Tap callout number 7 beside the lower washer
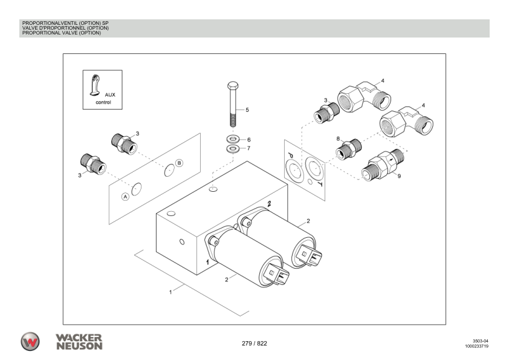coord(248,148)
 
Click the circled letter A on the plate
coord(125,197)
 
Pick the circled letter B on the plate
coord(179,162)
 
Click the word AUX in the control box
coord(110,95)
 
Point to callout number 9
coord(398,177)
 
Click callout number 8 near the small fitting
coord(339,139)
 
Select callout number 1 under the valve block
coord(170,292)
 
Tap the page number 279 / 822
coord(254,344)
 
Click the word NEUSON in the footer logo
coord(79,346)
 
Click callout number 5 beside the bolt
coord(247,110)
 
